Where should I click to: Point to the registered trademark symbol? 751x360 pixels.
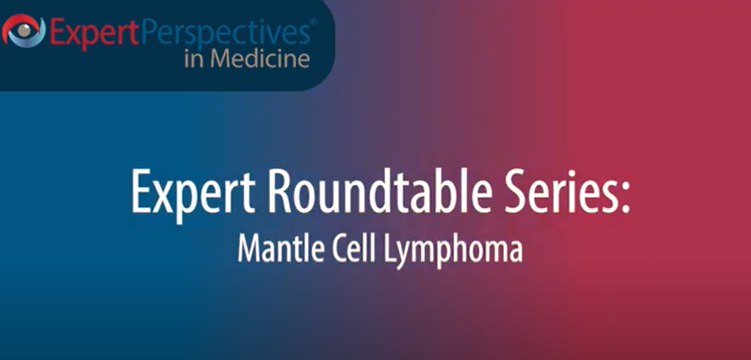[313, 24]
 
